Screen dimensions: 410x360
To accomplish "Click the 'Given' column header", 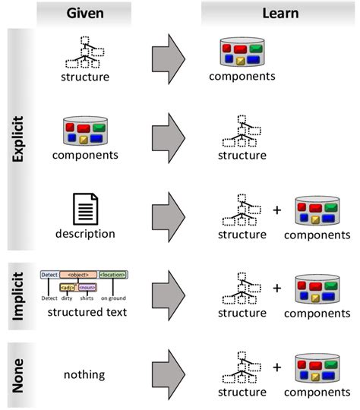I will [85, 12].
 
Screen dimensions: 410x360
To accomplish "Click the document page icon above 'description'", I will [85, 207].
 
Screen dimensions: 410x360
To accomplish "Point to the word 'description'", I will [85, 234].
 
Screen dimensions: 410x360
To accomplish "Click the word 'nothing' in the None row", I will [85, 374].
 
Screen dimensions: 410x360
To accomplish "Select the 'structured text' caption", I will [85, 311].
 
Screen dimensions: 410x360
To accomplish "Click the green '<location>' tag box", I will [114, 273].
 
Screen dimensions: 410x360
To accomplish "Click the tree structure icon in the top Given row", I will [85, 54].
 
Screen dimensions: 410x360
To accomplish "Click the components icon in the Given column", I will [85, 130].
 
